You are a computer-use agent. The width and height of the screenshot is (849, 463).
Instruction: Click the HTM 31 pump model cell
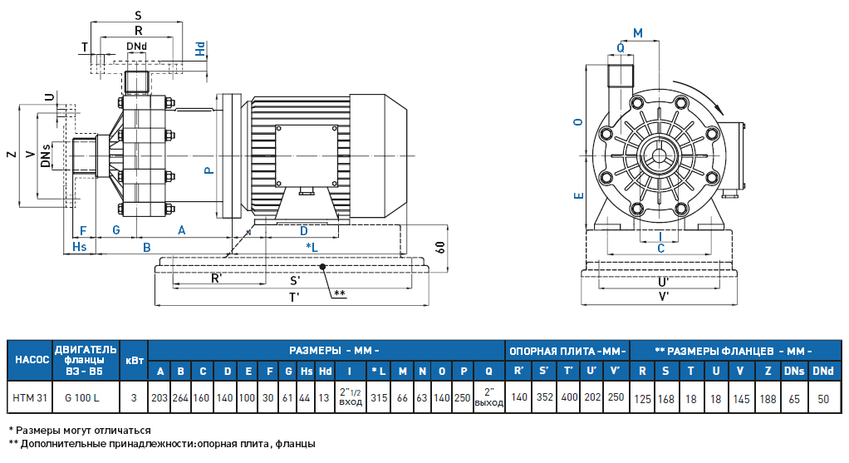pos(28,398)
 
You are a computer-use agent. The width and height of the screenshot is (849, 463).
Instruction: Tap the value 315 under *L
pos(379,398)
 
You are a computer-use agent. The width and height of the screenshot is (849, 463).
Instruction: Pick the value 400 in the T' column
pos(569,398)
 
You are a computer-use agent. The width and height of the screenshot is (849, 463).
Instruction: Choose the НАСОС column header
pos(28,359)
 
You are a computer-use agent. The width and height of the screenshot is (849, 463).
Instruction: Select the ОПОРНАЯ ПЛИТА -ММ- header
pos(567,350)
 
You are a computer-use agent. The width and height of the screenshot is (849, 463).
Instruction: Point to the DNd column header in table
pos(822,371)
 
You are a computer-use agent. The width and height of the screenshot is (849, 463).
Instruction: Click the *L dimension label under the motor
pos(312,248)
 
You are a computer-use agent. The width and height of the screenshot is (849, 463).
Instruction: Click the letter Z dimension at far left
pos(10,155)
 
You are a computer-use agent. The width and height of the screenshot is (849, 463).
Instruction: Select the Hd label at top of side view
pos(200,49)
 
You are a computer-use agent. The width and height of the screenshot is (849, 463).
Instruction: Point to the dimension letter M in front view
pos(637,32)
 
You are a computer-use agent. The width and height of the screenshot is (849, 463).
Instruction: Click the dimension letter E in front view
pos(579,195)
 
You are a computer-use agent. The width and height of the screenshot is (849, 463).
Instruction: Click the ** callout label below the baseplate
pos(339,293)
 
